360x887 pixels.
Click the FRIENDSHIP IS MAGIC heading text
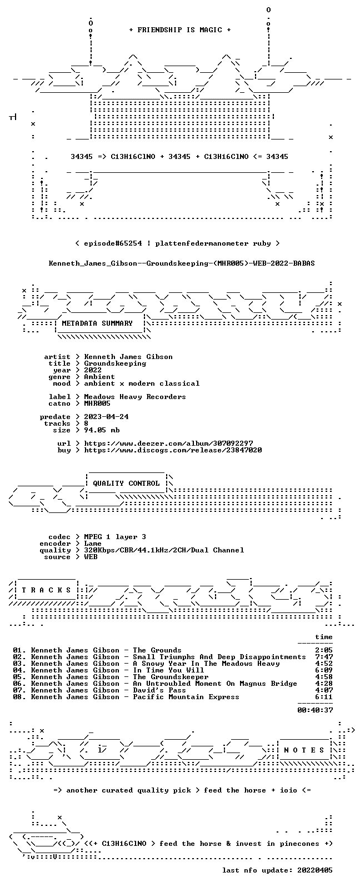pyautogui.click(x=180, y=29)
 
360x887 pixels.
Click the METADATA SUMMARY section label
pyautogui.click(x=97, y=323)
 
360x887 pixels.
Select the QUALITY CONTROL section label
pyautogui.click(x=126, y=483)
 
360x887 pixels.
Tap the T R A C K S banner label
pyautogui.click(x=46, y=590)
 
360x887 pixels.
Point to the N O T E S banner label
pyautogui.click(x=304, y=750)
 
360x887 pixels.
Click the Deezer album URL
pyautogui.click(x=169, y=443)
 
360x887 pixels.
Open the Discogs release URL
pyautogui.click(x=173, y=450)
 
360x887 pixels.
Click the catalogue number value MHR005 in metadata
pyautogui.click(x=97, y=403)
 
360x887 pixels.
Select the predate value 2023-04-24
pyautogui.click(x=107, y=417)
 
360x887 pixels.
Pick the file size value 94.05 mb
pyautogui.click(x=102, y=430)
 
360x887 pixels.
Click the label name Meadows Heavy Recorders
pyautogui.click(x=135, y=396)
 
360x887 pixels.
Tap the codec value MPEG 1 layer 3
pyautogui.click(x=115, y=536)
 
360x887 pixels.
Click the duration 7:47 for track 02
pyautogui.click(x=324, y=656)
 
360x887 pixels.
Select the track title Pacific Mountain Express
pyautogui.click(x=186, y=696)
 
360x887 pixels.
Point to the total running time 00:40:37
pyautogui.click(x=315, y=710)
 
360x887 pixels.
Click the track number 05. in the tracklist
pyautogui.click(x=20, y=677)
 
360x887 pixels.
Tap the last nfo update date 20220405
pyautogui.click(x=315, y=870)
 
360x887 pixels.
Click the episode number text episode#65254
pyautogui.click(x=113, y=243)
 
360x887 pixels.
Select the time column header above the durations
pyautogui.click(x=324, y=637)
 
